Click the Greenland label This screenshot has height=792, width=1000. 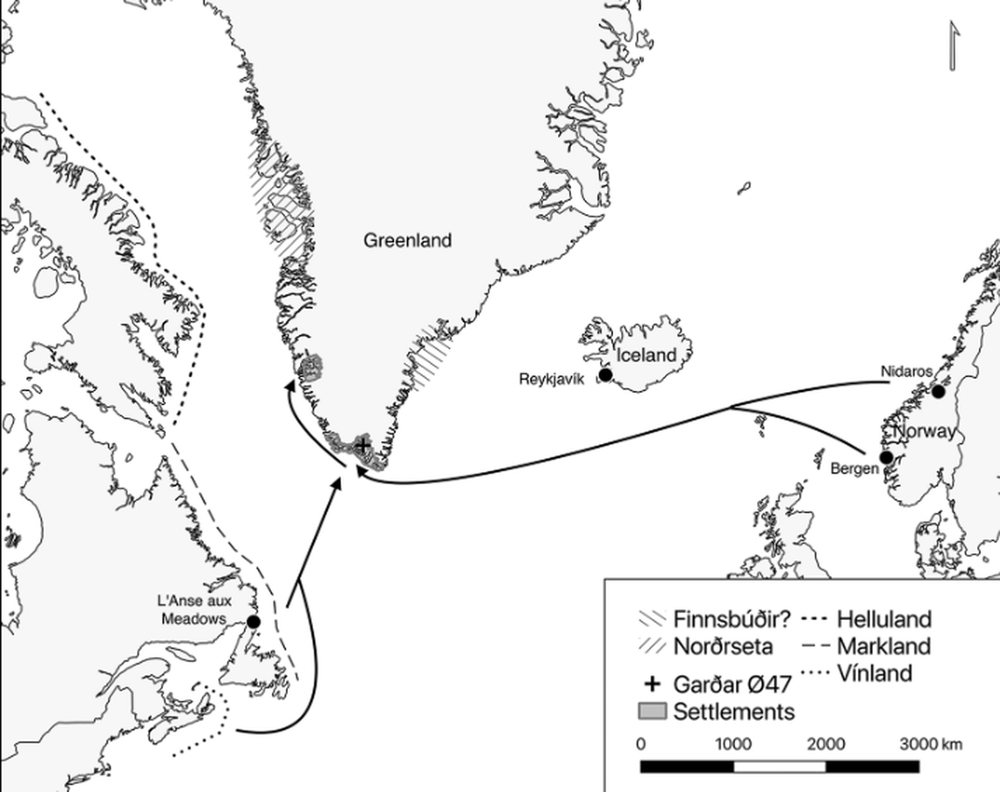point(408,240)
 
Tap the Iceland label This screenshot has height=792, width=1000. point(646,355)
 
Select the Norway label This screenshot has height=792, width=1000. point(924,432)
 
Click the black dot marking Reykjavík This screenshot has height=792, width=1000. point(605,375)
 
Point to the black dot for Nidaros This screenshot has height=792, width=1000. point(939,391)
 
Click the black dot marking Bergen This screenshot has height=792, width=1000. point(886,457)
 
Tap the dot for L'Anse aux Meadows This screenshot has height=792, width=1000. point(254,622)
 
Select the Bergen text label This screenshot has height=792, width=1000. point(854,469)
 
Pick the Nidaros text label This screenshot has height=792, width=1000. point(906,372)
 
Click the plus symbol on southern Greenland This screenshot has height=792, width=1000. point(362,446)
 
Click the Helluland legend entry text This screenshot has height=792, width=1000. point(883,619)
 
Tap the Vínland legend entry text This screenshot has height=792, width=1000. point(875,674)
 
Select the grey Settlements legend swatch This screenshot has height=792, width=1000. point(653,710)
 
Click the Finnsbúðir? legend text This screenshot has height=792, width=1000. point(732,619)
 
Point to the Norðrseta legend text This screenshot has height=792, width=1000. point(723,647)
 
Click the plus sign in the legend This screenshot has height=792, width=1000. point(652,684)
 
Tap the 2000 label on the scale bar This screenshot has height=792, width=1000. point(825,745)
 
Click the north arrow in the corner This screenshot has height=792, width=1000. point(954,46)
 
